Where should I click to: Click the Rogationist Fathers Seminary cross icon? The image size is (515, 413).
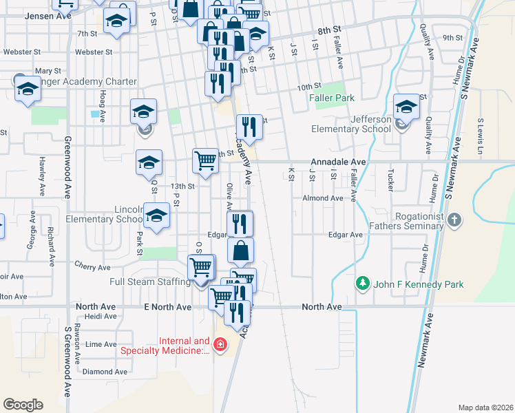[454, 220]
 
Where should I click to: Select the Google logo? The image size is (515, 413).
[23, 405]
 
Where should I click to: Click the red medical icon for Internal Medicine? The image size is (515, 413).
[220, 344]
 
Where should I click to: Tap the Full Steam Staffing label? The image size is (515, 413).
[150, 282]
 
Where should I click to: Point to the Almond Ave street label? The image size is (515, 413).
[323, 198]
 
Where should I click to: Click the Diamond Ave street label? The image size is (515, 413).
[105, 372]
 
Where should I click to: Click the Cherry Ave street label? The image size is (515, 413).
[93, 267]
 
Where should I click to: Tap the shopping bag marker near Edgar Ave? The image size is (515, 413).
[240, 251]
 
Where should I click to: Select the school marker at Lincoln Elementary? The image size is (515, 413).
[157, 215]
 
